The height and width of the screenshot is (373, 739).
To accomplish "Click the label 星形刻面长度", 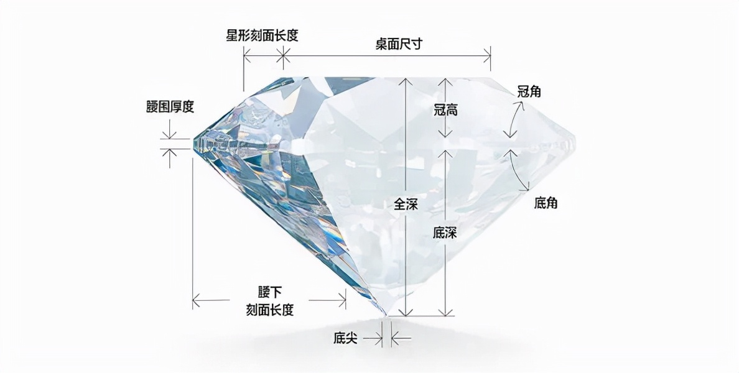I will pyautogui.click(x=262, y=35).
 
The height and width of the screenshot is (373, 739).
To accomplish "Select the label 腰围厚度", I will pyautogui.click(x=170, y=107).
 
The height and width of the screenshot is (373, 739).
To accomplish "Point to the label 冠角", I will pyautogui.click(x=529, y=91).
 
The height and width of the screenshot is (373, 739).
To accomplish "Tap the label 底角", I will pyautogui.click(x=546, y=203).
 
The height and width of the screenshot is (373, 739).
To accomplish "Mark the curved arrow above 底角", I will pyautogui.click(x=519, y=169).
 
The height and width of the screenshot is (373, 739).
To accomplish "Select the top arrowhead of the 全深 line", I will pyautogui.click(x=406, y=81).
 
